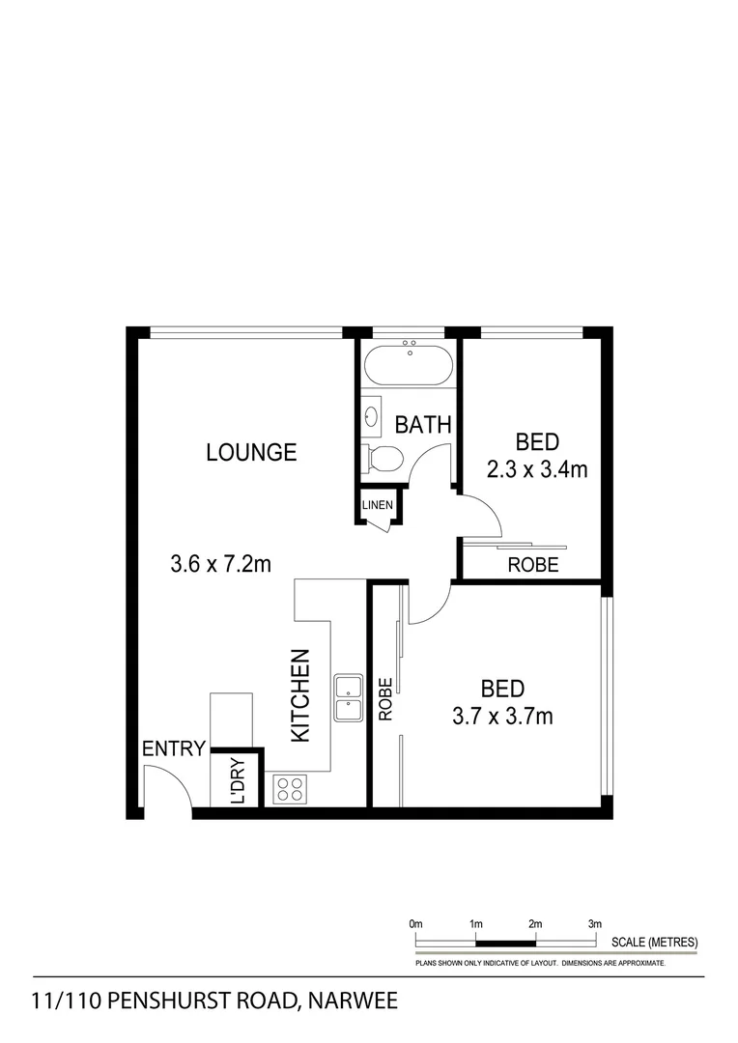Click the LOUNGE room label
[251, 452]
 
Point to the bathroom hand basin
[373, 417]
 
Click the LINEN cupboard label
[377, 505]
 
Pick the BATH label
[423, 424]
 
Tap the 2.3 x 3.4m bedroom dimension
[537, 470]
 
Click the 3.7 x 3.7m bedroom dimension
[502, 717]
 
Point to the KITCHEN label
[300, 695]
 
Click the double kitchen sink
[348, 698]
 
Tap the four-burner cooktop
[290, 790]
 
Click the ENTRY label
[174, 748]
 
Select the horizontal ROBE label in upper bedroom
[532, 565]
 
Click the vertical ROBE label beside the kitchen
[385, 700]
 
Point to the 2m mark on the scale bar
[535, 924]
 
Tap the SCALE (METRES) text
[654, 942]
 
